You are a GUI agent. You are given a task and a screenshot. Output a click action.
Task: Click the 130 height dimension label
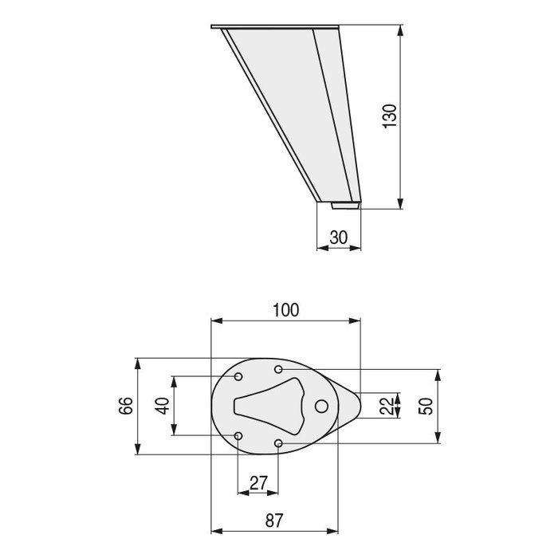pyautogui.click(x=390, y=117)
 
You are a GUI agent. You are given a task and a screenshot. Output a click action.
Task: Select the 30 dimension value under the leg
pyautogui.click(x=340, y=237)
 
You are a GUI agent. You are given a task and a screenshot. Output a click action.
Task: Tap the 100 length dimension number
pyautogui.click(x=285, y=311)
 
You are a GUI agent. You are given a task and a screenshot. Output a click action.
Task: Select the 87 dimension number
pyautogui.click(x=273, y=521)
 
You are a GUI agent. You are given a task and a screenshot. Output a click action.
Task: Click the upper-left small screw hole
pyautogui.click(x=239, y=375)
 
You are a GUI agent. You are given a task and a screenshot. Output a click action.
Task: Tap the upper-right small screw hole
pyautogui.click(x=278, y=369)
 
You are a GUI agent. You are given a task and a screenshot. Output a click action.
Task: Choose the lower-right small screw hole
pyautogui.click(x=278, y=442)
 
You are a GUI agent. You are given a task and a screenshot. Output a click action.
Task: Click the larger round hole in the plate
pyautogui.click(x=322, y=406)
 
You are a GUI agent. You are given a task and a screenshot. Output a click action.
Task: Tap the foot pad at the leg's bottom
pyautogui.click(x=346, y=205)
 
